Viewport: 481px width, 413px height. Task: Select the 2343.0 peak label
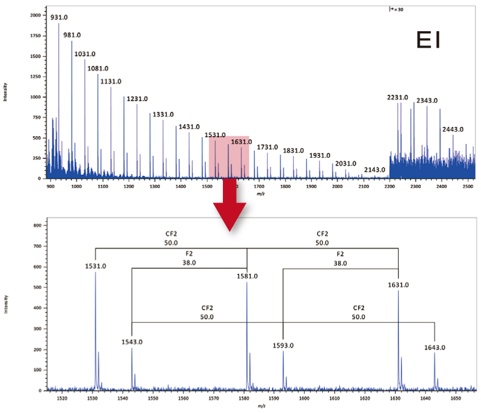427,100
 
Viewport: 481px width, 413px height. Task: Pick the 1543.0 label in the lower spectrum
132,342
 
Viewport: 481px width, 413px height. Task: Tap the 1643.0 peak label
434,347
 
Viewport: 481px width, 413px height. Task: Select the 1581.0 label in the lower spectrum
247,276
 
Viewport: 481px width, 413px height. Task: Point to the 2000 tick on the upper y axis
36,15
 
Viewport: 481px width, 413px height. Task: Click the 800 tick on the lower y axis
39,225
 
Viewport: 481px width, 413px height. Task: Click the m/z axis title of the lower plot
260,406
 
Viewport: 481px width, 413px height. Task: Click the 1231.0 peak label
137,99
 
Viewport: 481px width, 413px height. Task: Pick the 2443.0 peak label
453,129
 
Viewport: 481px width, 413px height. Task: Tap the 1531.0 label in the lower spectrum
95,265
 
